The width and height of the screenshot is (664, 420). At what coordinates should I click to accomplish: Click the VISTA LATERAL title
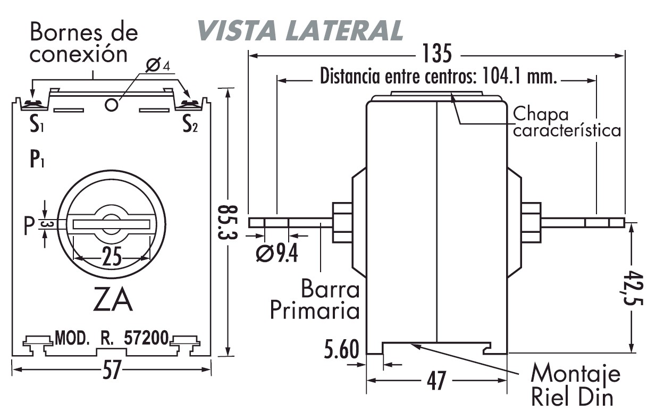coord(300,30)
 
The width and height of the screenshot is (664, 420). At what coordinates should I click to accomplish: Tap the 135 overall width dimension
coord(437,54)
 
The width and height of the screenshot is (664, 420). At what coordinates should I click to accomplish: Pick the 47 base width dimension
coord(437,381)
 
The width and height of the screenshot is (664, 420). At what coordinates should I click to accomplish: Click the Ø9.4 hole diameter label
coord(276,254)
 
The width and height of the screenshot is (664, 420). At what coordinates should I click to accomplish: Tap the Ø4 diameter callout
coord(157,65)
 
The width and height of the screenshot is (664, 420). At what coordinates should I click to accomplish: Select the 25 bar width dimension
coord(112,258)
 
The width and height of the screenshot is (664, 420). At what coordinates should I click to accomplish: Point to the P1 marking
coord(37,159)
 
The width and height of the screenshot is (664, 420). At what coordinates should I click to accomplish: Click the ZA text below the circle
coord(112,301)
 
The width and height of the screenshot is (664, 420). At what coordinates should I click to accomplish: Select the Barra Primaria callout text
coord(315,300)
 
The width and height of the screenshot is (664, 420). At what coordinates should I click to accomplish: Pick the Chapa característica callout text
coord(567,123)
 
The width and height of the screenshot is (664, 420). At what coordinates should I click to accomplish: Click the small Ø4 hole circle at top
coord(112,104)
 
